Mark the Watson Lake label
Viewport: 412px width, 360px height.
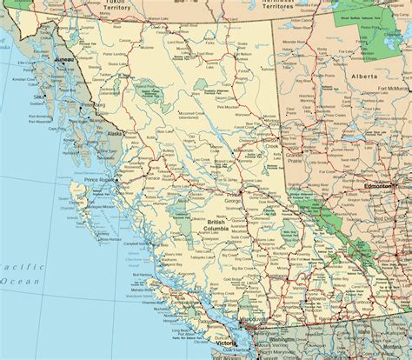point(158,18)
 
